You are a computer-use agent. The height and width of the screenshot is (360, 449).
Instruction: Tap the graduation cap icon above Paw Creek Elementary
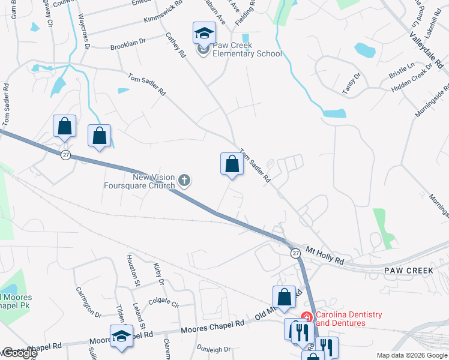(204, 33)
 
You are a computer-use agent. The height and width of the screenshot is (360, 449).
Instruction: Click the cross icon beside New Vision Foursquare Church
(184, 180)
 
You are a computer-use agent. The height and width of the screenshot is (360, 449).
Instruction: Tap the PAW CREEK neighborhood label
(408, 271)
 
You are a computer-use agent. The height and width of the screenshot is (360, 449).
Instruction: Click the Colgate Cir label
(164, 304)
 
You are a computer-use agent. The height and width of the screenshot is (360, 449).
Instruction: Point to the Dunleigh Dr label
(214, 349)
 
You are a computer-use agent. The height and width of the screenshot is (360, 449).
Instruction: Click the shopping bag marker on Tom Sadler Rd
(232, 163)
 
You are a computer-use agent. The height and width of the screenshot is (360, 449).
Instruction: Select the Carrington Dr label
(88, 302)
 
